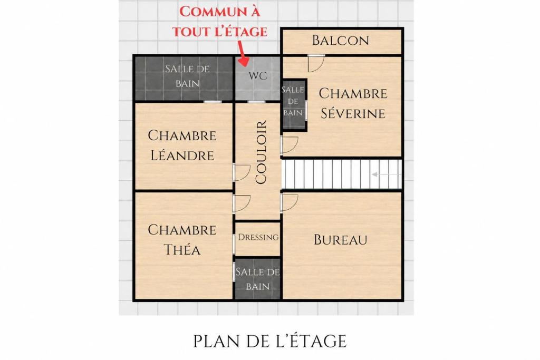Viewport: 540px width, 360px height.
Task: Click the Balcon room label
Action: click(340, 40)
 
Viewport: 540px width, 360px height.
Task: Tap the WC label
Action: click(257, 76)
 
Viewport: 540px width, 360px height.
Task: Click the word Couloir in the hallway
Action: click(261, 152)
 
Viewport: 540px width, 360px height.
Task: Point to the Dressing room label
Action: click(258, 237)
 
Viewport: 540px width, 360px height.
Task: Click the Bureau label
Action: click(340, 239)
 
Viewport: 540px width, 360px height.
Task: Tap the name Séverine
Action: click(353, 113)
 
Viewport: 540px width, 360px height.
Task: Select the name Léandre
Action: click(182, 155)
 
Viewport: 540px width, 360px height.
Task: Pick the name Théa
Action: click(182, 249)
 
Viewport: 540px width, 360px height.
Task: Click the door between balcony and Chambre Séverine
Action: click(316, 63)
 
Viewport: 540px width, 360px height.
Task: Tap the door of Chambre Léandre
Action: click(242, 172)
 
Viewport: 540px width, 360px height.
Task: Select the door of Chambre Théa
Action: click(242, 203)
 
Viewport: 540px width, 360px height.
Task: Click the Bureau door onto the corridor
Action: click(289, 203)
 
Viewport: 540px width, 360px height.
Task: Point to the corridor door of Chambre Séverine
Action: click(289, 145)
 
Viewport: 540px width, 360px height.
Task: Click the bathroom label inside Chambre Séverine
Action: click(293, 101)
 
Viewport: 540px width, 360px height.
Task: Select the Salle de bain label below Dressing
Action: click(257, 279)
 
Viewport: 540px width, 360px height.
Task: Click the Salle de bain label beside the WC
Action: click(187, 76)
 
